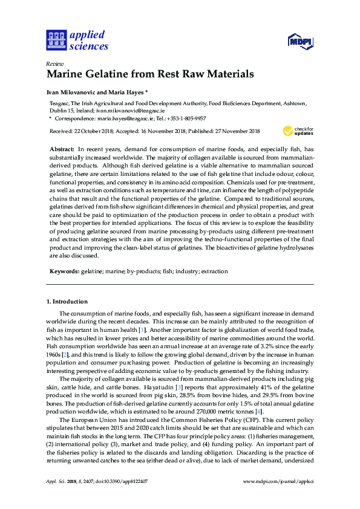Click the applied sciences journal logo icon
click(56, 39)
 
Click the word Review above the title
click(54, 63)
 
